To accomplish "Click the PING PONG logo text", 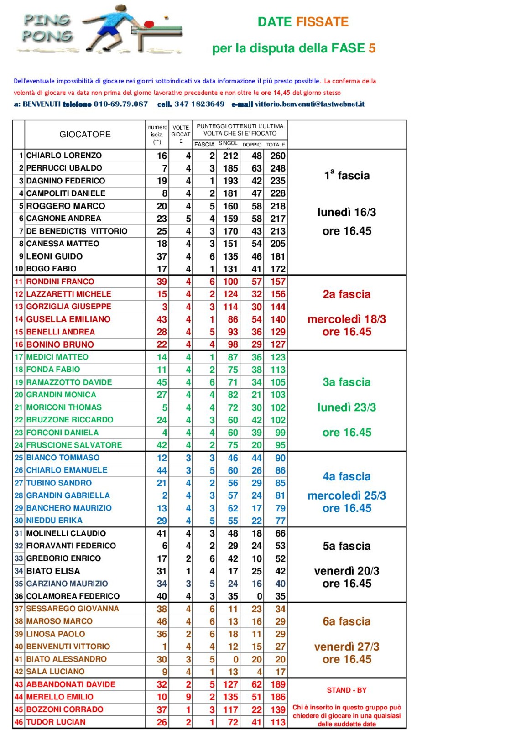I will click(47, 28).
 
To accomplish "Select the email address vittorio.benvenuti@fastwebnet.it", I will click(310, 104).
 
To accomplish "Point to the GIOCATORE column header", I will click(85, 135).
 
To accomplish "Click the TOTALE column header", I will click(276, 145).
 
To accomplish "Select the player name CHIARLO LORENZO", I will click(64, 156).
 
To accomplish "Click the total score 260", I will click(278, 156).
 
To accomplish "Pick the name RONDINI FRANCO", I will click(60, 282).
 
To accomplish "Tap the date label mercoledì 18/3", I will click(347, 319).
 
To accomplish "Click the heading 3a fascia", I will click(347, 382).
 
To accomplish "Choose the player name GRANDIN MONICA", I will click(61, 395).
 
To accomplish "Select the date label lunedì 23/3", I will click(347, 407).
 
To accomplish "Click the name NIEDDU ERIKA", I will click(54, 521).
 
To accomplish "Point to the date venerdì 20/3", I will click(347, 571).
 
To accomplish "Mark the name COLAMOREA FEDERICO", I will click(73, 596).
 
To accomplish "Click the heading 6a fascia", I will click(347, 621).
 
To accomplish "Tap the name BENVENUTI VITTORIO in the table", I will click(68, 647).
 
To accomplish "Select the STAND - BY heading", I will click(347, 690).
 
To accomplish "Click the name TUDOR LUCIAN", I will click(56, 722).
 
